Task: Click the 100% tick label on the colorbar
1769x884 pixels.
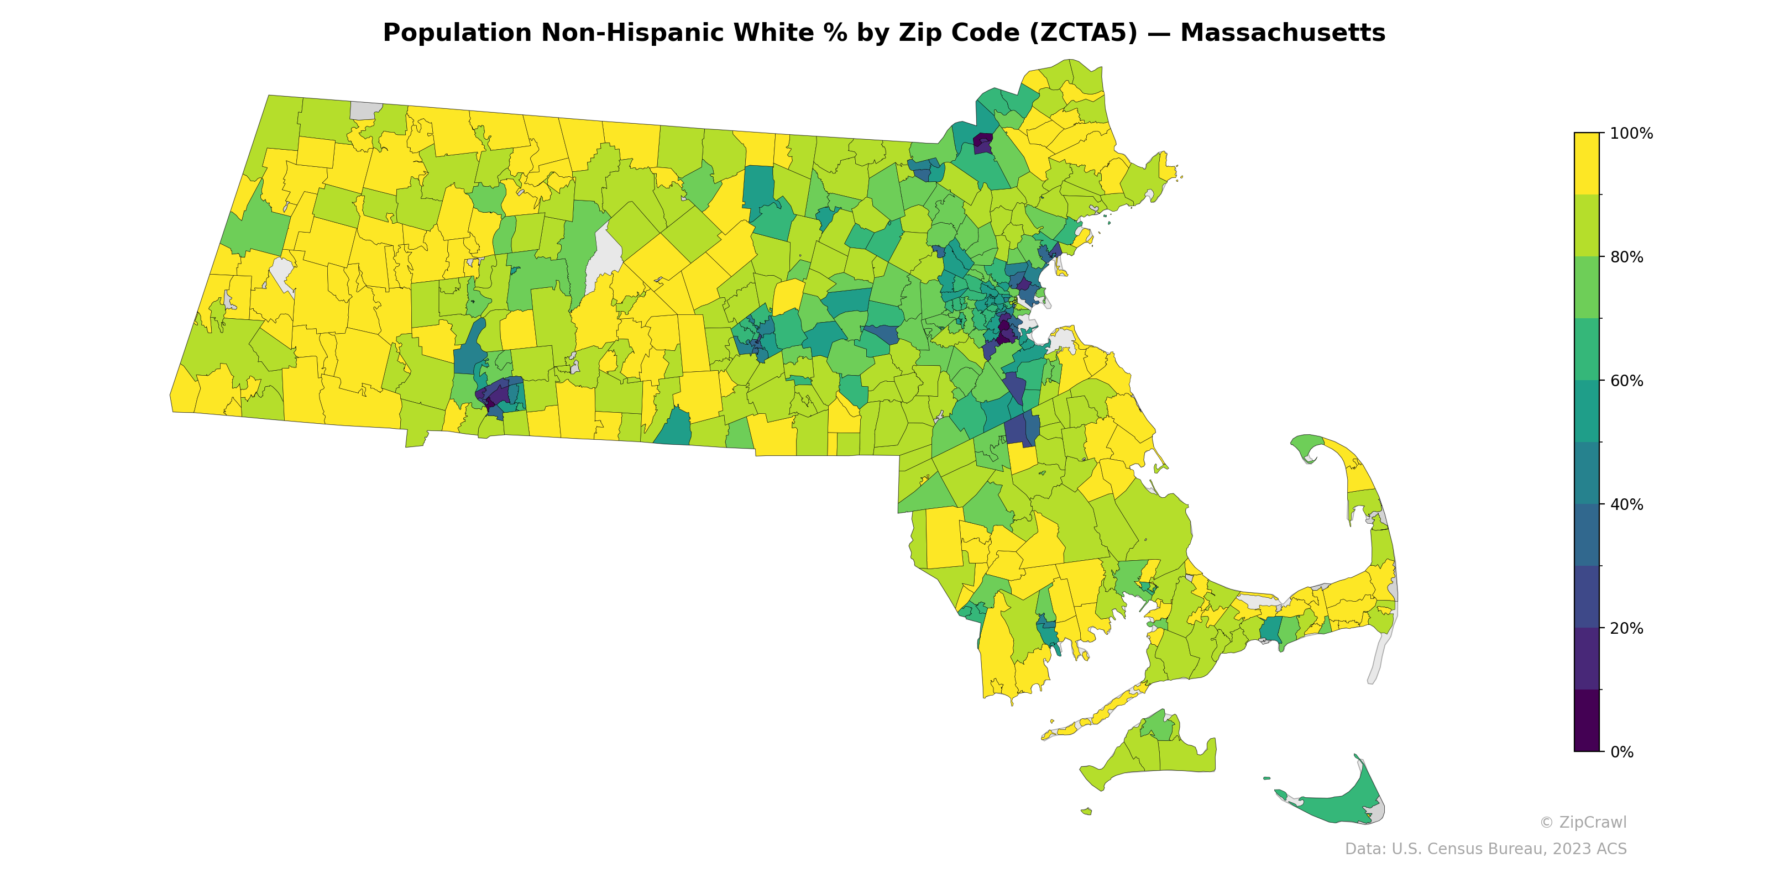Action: (x=1631, y=134)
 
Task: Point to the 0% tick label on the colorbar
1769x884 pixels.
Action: (x=1621, y=752)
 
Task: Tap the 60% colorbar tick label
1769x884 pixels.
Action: (x=1626, y=381)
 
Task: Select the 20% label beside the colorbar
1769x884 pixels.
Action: (x=1626, y=629)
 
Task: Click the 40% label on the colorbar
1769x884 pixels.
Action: (x=1626, y=505)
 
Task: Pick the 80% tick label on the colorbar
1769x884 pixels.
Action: (x=1626, y=257)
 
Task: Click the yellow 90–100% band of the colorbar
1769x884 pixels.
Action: (x=1587, y=164)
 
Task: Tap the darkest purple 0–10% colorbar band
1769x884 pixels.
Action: (x=1587, y=720)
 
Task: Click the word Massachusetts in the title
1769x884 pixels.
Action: (x=1282, y=33)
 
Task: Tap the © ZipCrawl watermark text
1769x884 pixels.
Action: (x=1583, y=822)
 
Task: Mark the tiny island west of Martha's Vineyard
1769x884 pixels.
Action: (x=1086, y=811)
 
